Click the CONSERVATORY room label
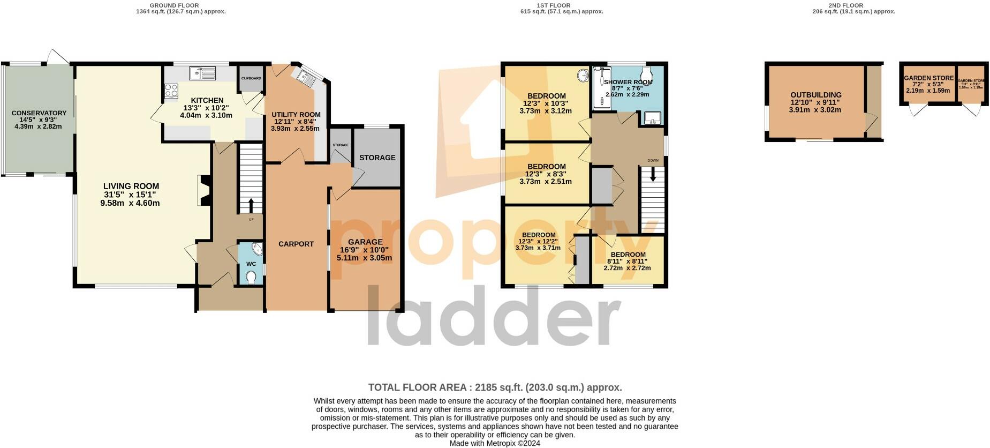(x=39, y=113)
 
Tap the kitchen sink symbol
(x=202, y=72)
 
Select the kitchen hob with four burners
(x=171, y=91)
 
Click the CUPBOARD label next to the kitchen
(x=251, y=79)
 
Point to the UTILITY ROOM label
(x=296, y=114)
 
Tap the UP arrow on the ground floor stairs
(x=251, y=205)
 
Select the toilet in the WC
(x=251, y=277)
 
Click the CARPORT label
(x=296, y=244)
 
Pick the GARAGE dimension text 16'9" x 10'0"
(x=364, y=250)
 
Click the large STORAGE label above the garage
(x=377, y=158)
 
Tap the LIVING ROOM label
(x=131, y=186)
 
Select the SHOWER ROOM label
(x=628, y=82)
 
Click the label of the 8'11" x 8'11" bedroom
(x=628, y=255)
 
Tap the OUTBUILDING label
(x=815, y=95)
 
